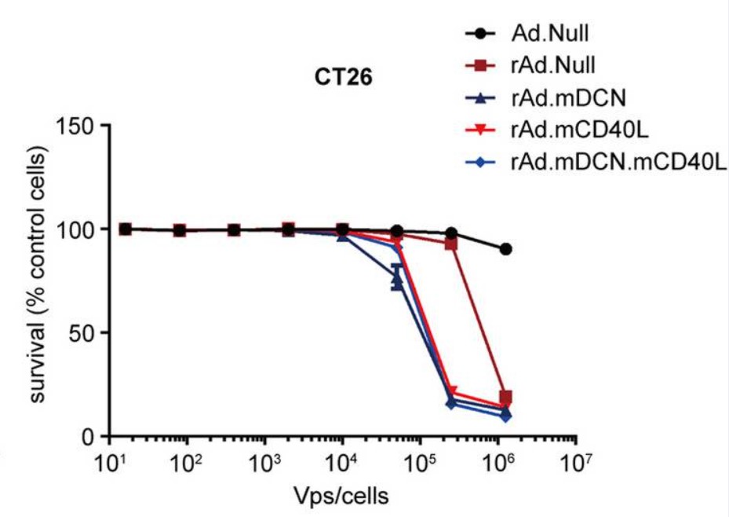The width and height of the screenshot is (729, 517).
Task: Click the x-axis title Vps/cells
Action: [341, 497]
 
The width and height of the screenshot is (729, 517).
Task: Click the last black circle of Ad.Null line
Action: [506, 249]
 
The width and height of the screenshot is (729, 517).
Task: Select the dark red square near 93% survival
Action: [451, 244]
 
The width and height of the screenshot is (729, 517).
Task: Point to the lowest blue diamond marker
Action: [506, 416]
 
